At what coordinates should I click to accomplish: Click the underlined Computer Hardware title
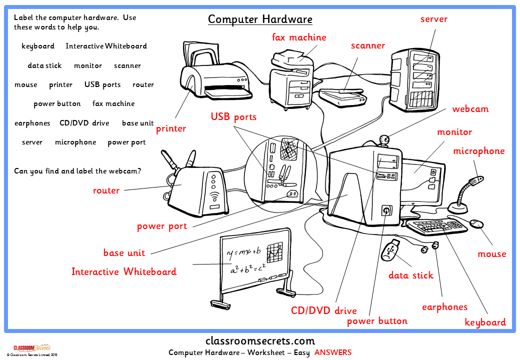(260, 19)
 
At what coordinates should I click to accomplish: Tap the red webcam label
(470, 109)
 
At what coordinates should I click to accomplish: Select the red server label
(433, 19)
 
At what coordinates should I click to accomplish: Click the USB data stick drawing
(390, 249)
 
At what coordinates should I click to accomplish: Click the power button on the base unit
(385, 210)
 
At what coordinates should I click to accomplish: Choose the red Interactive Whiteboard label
(123, 272)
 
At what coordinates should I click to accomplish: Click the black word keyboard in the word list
(38, 46)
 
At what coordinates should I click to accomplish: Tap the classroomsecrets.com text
(260, 341)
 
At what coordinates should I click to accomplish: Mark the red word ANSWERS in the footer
(332, 352)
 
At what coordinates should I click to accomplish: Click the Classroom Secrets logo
(30, 347)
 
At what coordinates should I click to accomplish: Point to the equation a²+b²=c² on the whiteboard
(248, 269)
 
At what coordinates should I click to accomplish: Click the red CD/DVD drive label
(323, 310)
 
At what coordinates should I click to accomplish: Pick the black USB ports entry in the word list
(102, 84)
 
